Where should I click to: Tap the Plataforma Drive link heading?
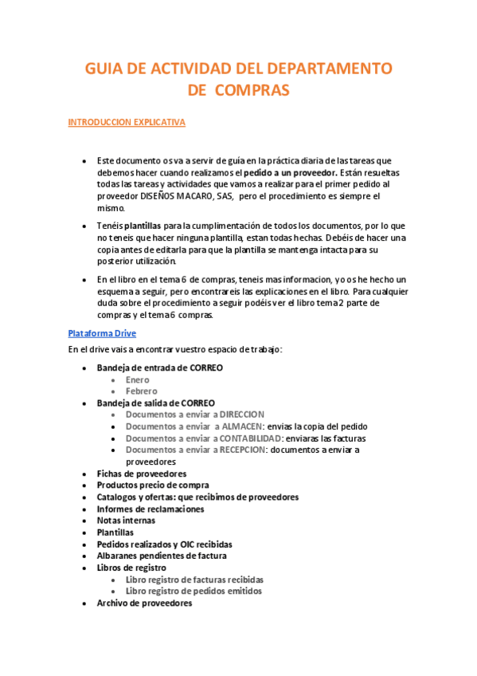[x=102, y=332]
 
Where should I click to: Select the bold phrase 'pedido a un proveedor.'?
[x=290, y=172]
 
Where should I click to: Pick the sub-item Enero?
[x=138, y=379]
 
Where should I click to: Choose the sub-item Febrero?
[x=142, y=391]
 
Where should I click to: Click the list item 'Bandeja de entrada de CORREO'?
[x=159, y=367]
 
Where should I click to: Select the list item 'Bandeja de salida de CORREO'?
[x=155, y=403]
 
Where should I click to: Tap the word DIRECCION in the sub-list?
[x=242, y=415]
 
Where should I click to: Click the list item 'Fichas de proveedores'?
[x=142, y=474]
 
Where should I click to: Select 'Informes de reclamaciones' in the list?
[x=151, y=509]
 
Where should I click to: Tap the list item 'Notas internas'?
[x=127, y=521]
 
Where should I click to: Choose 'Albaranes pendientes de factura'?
[x=162, y=556]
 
